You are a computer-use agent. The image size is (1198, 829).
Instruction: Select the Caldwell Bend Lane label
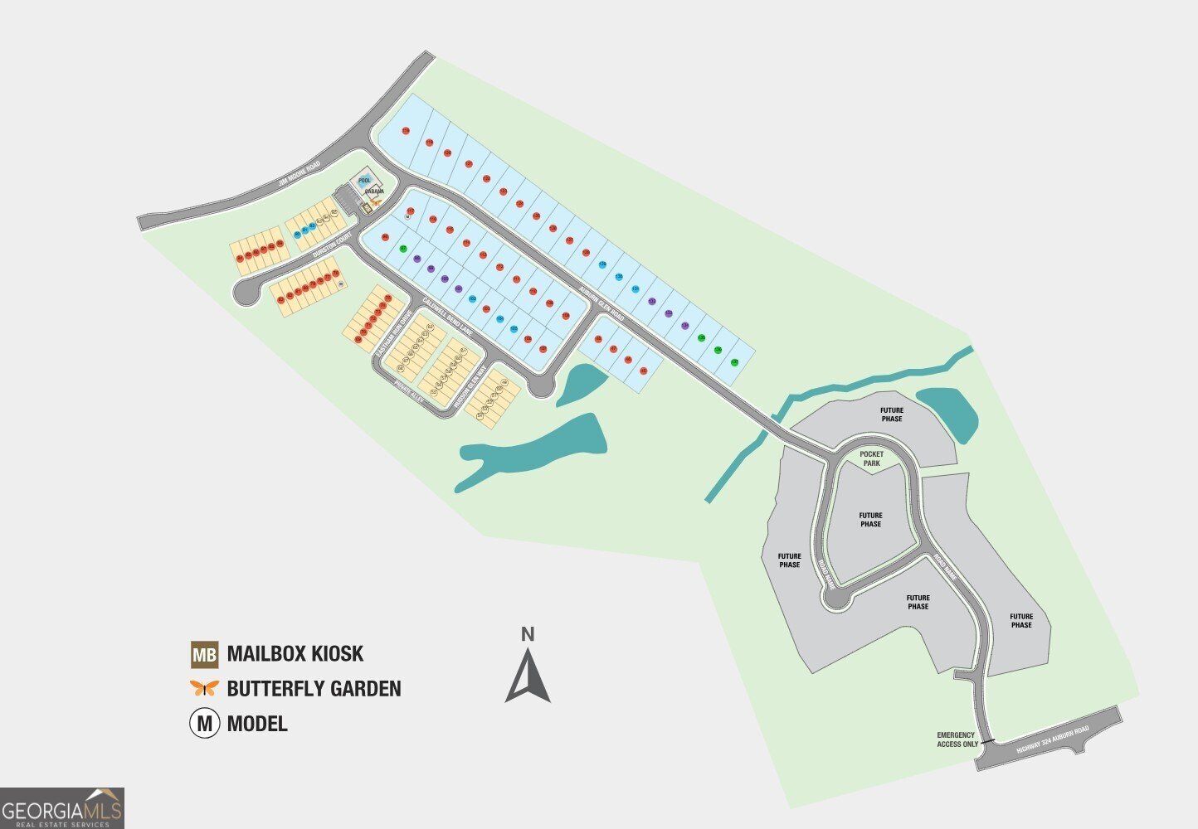coord(447,315)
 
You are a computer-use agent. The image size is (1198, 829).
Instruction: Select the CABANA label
coord(372,191)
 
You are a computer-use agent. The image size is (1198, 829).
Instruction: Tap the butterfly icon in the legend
coord(204,687)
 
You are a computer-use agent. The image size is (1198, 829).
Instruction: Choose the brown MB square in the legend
coord(204,655)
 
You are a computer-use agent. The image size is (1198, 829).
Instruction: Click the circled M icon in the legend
coord(204,723)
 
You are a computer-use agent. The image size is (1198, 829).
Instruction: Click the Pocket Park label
coord(871,458)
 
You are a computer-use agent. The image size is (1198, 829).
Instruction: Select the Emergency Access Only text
coord(957,739)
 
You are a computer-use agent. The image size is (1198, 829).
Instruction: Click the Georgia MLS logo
coord(62,808)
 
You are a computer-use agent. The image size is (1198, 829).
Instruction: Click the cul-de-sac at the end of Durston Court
coord(246,291)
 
